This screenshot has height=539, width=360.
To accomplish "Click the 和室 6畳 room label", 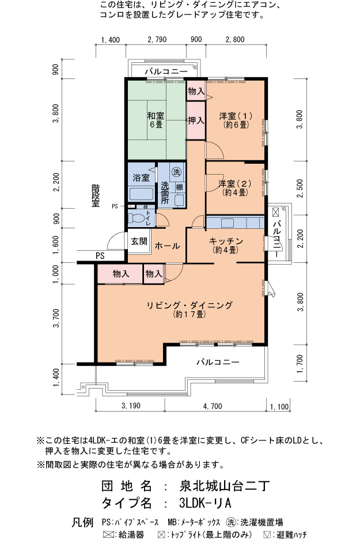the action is [x=156, y=120].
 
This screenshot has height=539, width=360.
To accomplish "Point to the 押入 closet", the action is [x=196, y=120].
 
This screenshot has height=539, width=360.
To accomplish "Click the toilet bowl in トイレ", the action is [x=137, y=218].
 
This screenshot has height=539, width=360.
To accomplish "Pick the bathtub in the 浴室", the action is [x=141, y=194].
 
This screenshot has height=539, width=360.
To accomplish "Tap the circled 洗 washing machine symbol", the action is [x=177, y=172].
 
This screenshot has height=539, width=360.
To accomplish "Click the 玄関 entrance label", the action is [x=139, y=241].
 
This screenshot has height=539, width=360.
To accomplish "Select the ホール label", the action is [x=167, y=246].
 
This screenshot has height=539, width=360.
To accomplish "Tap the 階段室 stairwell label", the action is [x=96, y=195].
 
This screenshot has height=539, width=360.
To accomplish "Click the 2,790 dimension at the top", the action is [x=157, y=40].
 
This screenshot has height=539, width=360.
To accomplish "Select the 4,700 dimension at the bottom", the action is [x=213, y=406].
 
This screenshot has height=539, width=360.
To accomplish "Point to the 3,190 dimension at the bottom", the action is [x=131, y=406].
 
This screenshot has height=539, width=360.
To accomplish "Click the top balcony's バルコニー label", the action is [x=166, y=71].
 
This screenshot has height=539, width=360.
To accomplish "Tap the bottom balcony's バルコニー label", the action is [x=218, y=362].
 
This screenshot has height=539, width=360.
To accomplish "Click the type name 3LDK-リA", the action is [x=205, y=503].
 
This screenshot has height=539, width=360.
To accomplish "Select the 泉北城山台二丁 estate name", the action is [x=224, y=486].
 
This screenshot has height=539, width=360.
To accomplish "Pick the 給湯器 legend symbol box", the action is [x=108, y=534].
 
